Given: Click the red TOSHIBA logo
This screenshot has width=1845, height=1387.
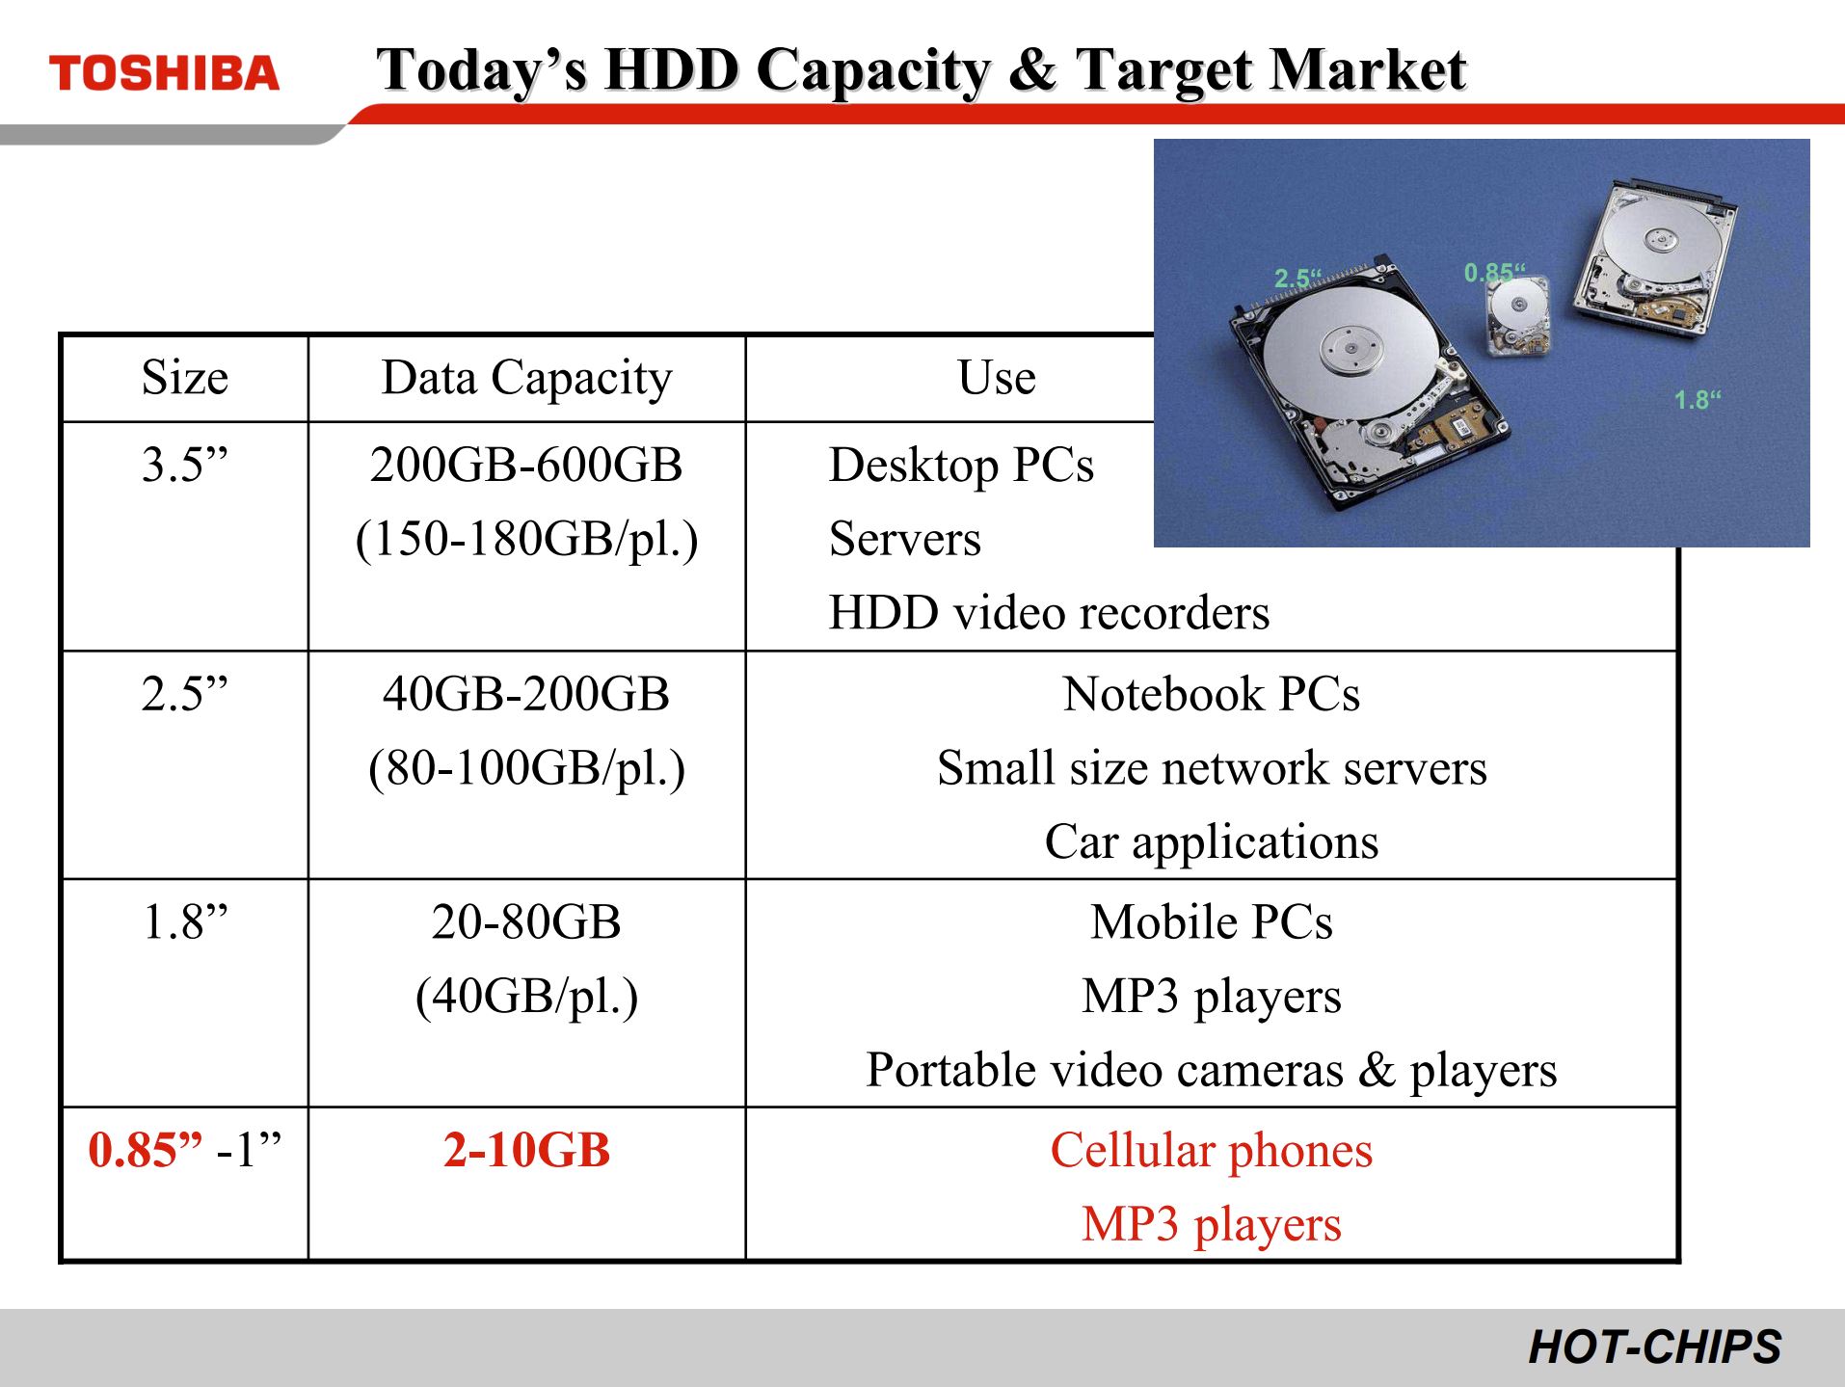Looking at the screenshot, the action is [164, 74].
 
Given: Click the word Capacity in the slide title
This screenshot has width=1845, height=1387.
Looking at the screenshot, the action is [873, 71].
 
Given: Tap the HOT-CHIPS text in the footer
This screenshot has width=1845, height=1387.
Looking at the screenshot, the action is [1654, 1347].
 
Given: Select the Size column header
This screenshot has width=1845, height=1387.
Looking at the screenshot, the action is [185, 377].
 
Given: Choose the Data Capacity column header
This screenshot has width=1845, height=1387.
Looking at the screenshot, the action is [526, 379].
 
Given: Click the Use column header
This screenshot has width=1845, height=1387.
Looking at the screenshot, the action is [997, 377].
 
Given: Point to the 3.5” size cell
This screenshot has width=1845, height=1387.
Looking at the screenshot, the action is [185, 465].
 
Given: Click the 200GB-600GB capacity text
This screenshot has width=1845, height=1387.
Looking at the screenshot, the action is [526, 465].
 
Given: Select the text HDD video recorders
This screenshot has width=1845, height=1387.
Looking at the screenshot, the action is [1049, 613].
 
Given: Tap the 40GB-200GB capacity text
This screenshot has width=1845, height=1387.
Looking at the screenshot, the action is [526, 694].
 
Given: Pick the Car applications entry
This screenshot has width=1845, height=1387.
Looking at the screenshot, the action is [1212, 842].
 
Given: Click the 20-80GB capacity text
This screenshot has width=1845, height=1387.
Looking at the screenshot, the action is [526, 922].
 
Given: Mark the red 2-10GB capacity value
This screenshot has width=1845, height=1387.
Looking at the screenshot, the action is [526, 1150].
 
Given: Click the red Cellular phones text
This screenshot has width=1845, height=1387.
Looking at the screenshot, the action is [1212, 1151].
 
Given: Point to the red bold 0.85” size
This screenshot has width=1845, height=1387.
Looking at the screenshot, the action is [146, 1150].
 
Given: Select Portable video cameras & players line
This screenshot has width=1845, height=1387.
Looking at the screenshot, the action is [1212, 1070].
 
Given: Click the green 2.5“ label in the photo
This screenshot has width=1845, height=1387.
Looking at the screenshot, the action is [1297, 279].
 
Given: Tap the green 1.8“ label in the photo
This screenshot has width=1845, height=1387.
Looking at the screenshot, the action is [1698, 400].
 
